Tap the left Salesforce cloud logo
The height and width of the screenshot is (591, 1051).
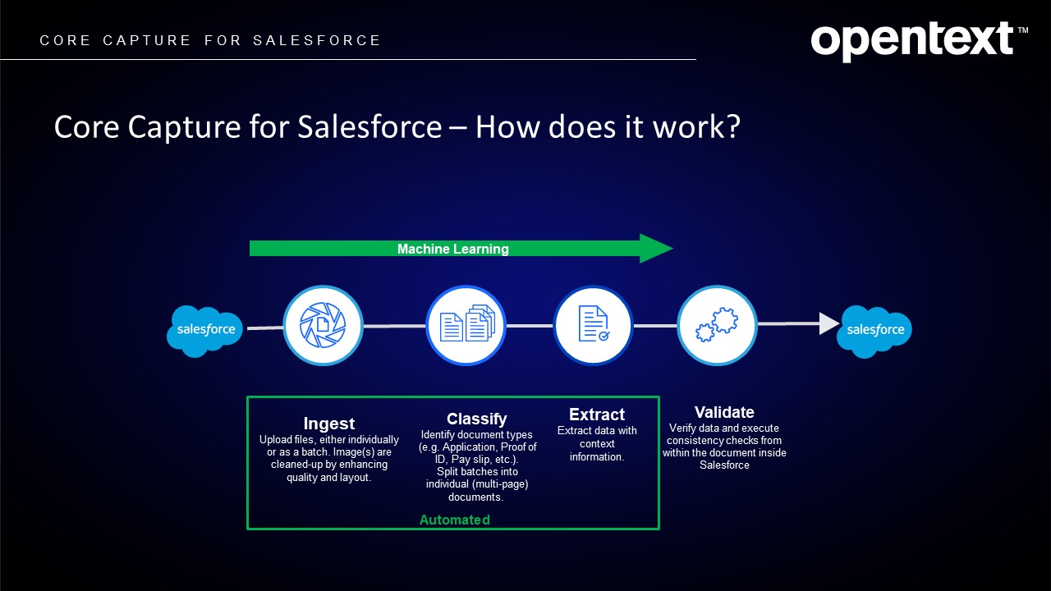click(205, 330)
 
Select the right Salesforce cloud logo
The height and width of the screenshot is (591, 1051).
click(875, 330)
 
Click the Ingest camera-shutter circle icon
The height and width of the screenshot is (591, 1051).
click(323, 325)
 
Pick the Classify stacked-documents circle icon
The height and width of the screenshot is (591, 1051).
click(466, 325)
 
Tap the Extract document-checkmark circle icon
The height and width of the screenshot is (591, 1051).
click(593, 325)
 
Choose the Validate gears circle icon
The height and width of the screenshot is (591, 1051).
click(717, 325)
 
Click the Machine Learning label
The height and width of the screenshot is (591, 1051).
click(453, 249)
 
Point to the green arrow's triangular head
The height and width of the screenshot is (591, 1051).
click(656, 249)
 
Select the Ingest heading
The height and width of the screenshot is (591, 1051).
click(329, 424)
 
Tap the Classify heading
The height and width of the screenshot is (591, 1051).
click(477, 419)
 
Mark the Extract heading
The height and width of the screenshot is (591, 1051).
click(597, 415)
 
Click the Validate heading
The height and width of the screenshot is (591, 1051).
click(724, 412)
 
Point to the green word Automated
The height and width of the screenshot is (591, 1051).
click(455, 520)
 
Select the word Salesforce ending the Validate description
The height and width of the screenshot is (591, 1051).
click(724, 465)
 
